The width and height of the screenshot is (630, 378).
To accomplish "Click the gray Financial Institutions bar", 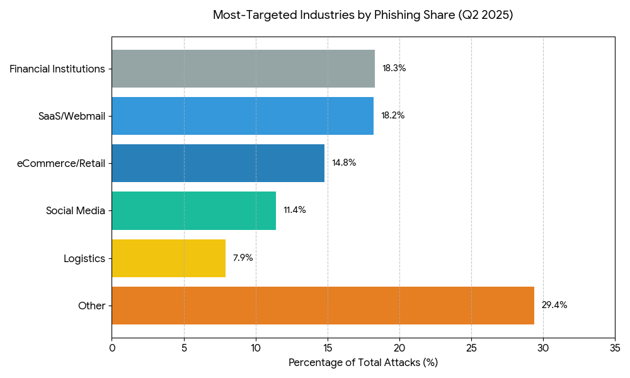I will click(243, 69).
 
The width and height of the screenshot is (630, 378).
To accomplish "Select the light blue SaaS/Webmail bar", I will click(243, 116).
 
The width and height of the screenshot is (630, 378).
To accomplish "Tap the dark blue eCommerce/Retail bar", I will click(218, 163).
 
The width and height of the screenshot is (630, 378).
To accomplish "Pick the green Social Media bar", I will click(193, 210).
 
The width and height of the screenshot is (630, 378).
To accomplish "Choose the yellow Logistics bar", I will click(168, 258).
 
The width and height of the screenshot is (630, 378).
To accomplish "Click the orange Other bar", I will click(323, 306).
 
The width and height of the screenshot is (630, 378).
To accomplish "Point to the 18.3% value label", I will click(394, 69).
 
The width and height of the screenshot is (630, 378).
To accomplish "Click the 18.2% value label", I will click(392, 116).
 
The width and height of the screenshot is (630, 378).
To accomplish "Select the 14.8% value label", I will click(344, 163).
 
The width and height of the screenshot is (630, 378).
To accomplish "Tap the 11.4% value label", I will click(294, 210).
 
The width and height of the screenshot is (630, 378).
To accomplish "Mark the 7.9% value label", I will click(243, 258).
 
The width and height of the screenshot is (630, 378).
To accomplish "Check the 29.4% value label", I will click(554, 306).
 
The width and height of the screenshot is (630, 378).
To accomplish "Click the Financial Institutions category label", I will click(57, 69).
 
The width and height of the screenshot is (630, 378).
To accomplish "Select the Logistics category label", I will click(84, 258).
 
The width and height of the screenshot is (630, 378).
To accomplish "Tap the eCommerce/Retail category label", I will click(61, 163).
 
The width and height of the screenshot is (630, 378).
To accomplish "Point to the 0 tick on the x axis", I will click(112, 348).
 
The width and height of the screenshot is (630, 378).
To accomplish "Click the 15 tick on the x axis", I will click(328, 348).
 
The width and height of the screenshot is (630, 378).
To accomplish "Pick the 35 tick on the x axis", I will click(615, 348).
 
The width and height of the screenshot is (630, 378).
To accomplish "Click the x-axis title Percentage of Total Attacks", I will click(363, 363).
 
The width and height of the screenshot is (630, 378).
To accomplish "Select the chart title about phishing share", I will click(363, 15).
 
